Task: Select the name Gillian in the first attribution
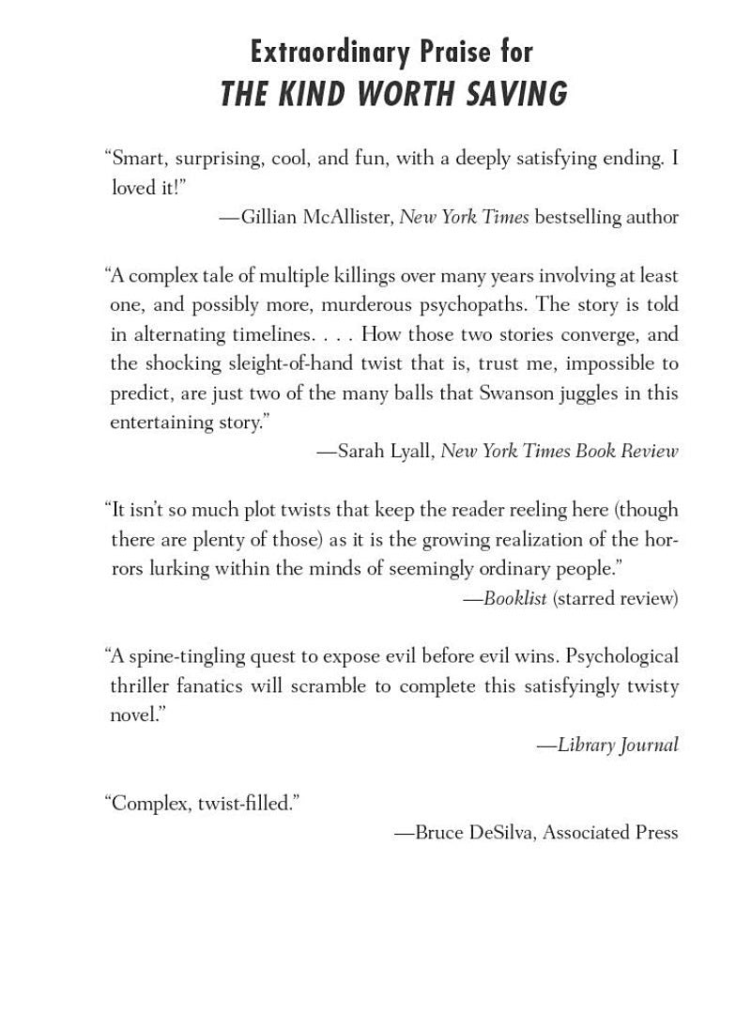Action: point(272,217)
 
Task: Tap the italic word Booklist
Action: point(514,598)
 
